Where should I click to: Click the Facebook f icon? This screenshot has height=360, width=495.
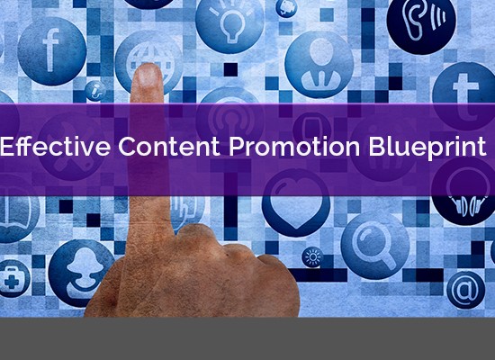[x=52, y=51]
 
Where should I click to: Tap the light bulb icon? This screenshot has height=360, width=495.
[x=229, y=22]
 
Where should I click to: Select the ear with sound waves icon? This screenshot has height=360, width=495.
[x=421, y=22]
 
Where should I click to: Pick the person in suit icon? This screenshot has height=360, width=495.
[x=319, y=64]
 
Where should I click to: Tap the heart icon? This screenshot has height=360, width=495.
[x=296, y=202]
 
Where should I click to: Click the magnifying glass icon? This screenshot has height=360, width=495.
[x=375, y=246]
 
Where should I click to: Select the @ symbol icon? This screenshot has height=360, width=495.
[x=465, y=290]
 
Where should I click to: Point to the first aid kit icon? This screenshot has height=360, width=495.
[x=13, y=278]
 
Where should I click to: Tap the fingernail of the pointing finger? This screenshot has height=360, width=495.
[x=148, y=76]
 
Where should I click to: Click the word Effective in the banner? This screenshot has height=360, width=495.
[x=56, y=146]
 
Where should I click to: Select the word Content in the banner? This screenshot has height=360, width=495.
[x=169, y=146]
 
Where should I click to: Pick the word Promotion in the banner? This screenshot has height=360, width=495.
[x=294, y=147]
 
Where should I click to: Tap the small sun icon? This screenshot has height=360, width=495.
[x=312, y=257]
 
